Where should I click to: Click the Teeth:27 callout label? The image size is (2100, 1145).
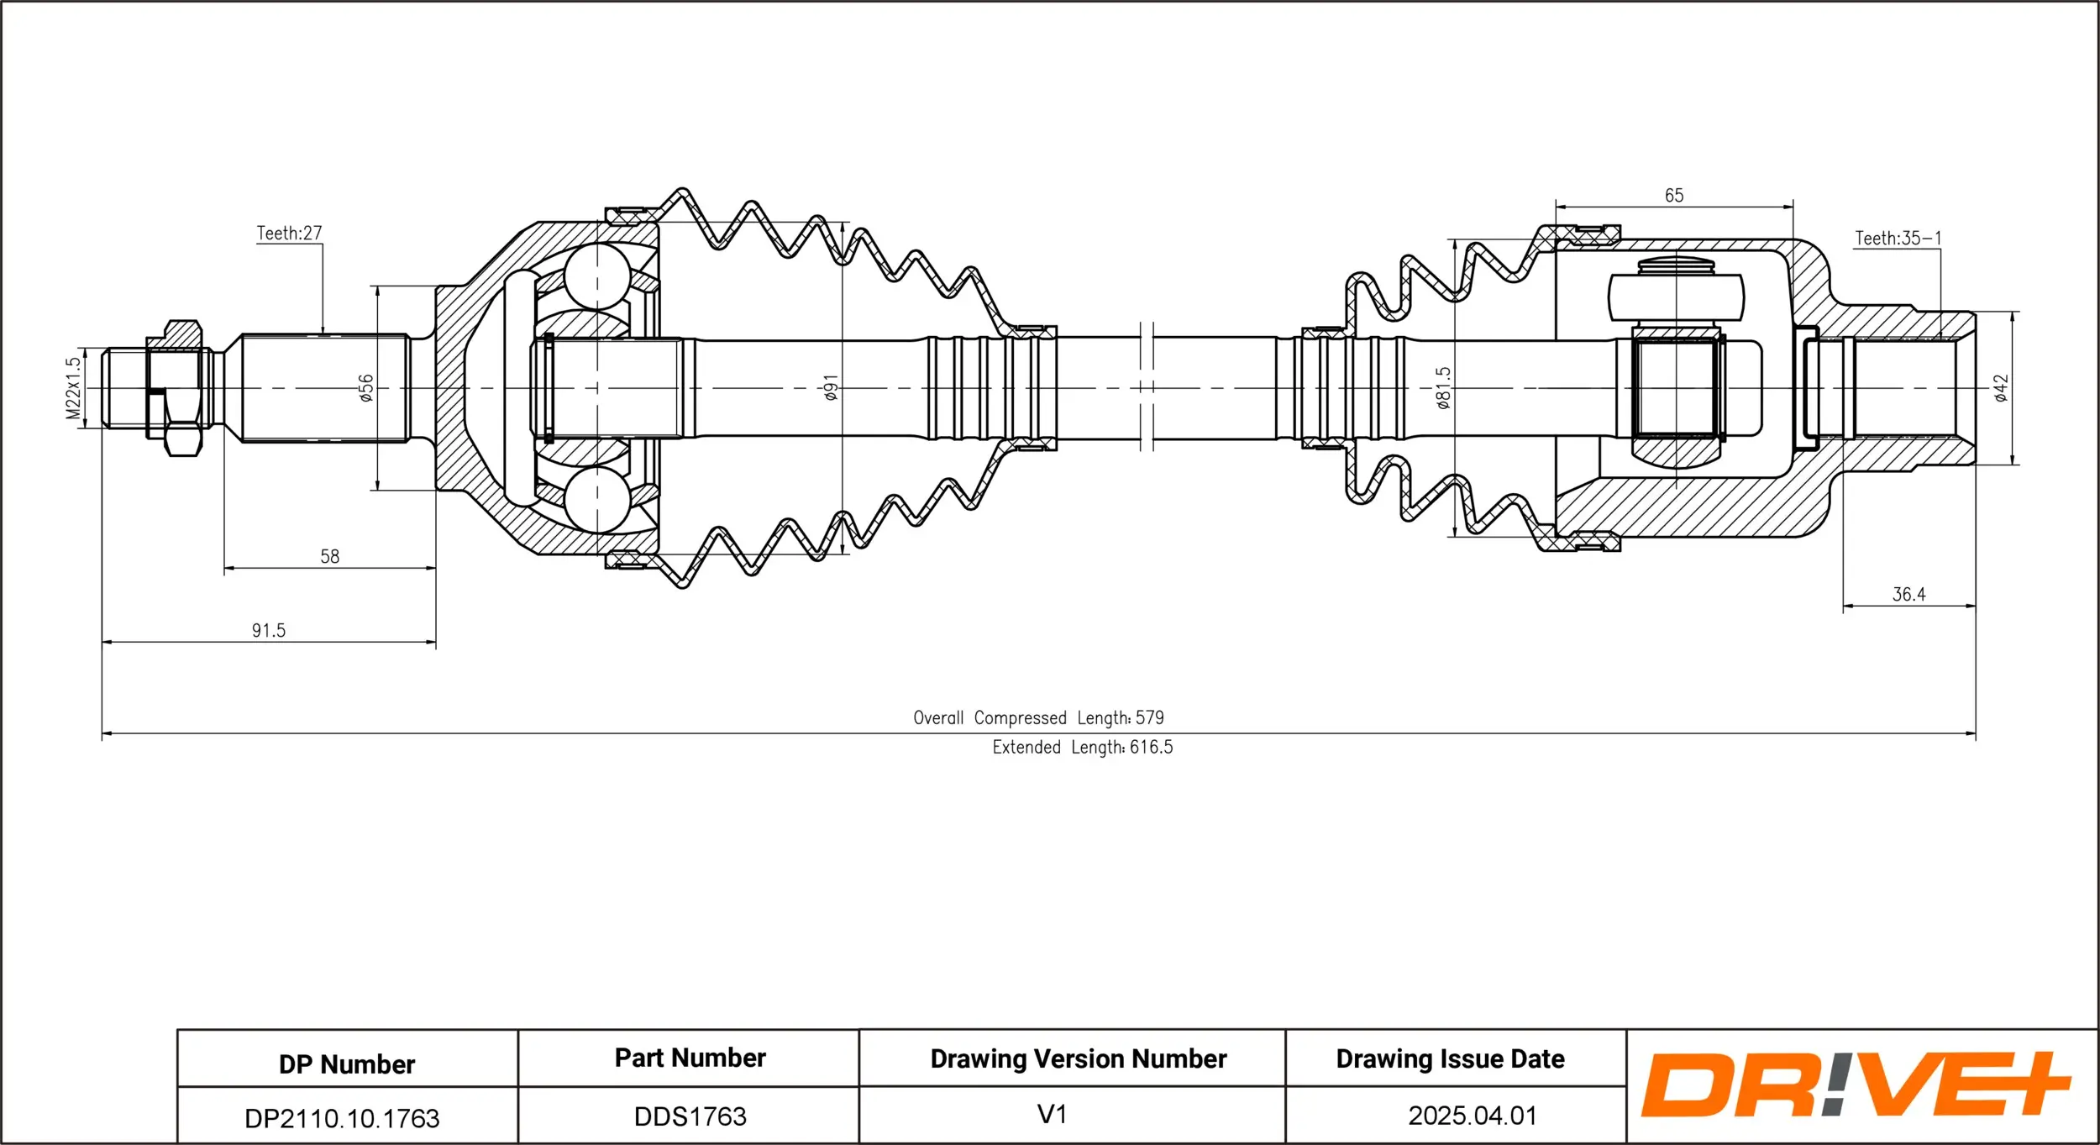coord(289,233)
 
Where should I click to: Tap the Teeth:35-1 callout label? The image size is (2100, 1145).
coord(1898,239)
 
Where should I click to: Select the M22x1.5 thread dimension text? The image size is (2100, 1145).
coord(74,388)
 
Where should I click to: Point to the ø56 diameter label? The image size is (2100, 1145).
coord(366,388)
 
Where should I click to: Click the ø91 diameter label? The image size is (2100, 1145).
coord(831,388)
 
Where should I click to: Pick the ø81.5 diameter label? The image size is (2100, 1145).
coord(1443,388)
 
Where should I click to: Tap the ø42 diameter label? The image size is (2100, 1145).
coord(2002,388)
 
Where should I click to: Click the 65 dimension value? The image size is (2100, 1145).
coord(1674,196)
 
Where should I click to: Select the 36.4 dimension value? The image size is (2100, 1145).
coord(1908,595)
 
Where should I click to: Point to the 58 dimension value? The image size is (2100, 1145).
coord(329,557)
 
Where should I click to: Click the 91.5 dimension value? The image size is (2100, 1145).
coord(269,631)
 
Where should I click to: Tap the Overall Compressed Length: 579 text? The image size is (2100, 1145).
coord(1038,718)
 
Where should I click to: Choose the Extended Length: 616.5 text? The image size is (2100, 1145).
coord(1082,748)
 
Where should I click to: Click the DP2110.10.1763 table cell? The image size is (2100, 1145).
coord(342,1118)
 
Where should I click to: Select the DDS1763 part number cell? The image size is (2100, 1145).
coord(690,1116)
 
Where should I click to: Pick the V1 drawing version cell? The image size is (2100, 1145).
coord(1052,1115)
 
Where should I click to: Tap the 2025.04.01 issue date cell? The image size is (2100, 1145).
coord(1472,1116)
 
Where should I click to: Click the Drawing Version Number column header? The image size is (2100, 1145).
coord(1078,1059)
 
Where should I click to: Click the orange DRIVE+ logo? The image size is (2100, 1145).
coord(1855,1085)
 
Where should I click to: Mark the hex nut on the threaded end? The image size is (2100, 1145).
coord(178,388)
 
